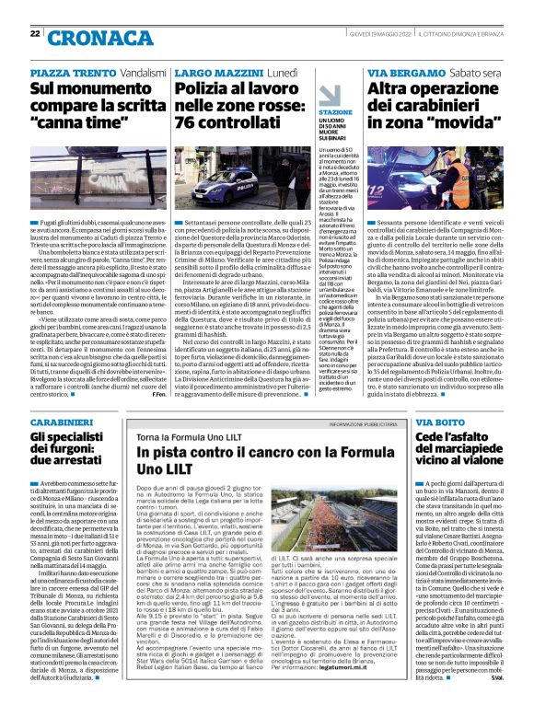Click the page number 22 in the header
pyautogui.click(x=35, y=34)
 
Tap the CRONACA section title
pyautogui.click(x=97, y=38)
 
